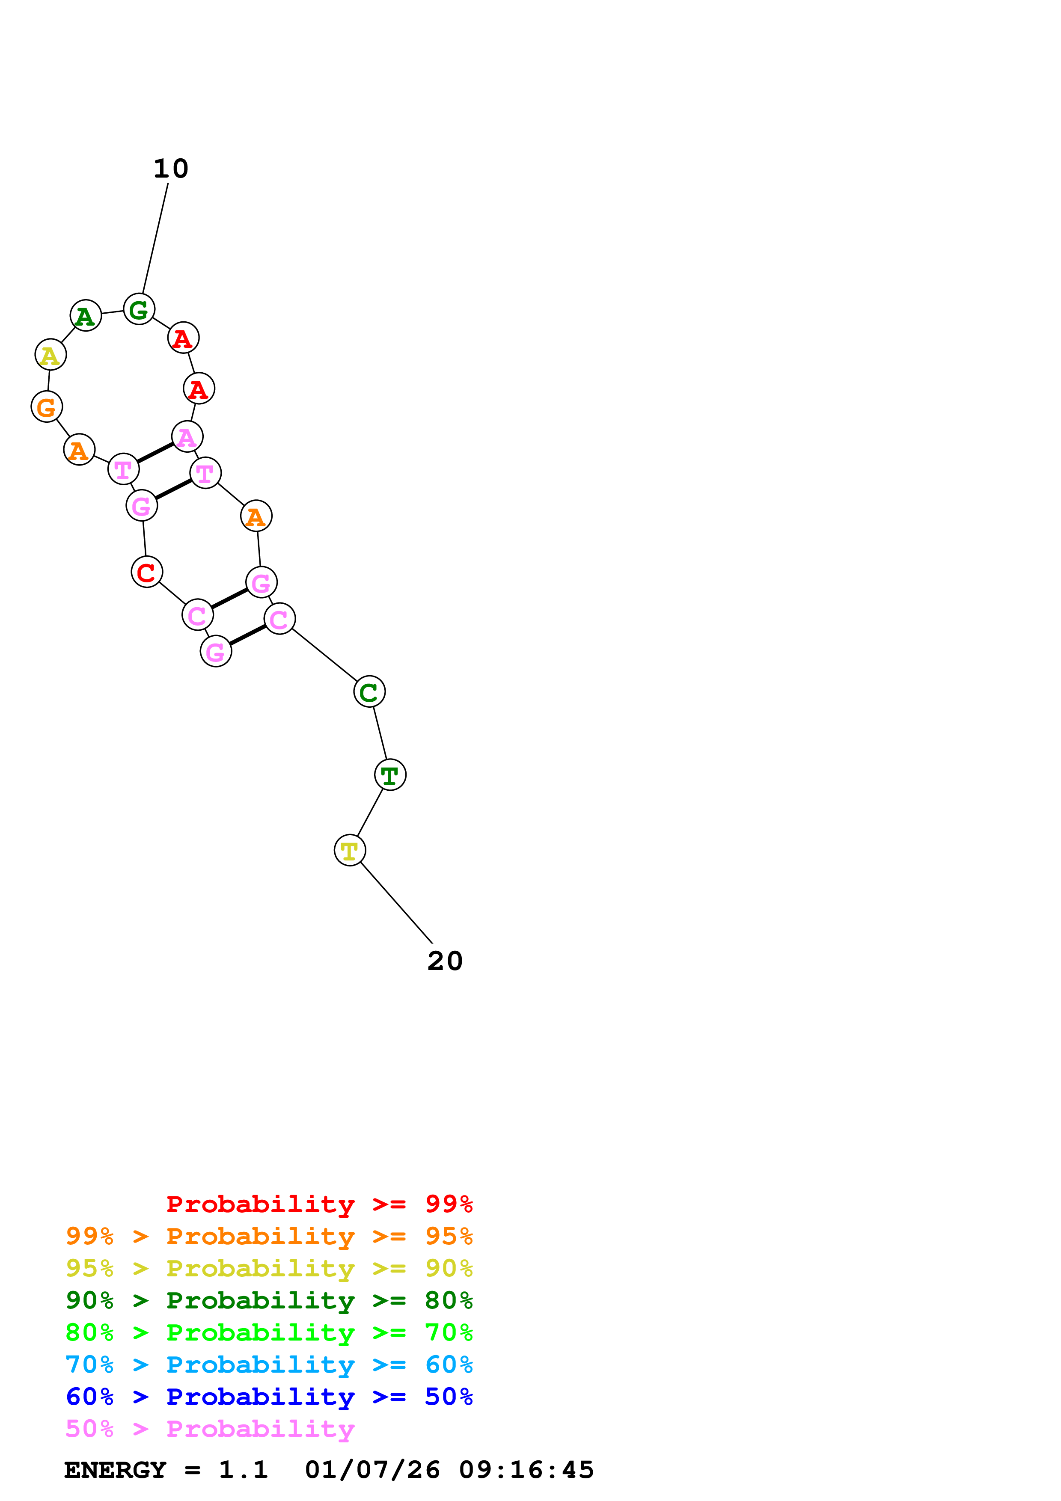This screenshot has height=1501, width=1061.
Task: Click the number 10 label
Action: [171, 169]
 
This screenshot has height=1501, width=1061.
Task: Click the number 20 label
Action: [445, 961]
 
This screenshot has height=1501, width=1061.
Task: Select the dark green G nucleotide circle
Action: [139, 309]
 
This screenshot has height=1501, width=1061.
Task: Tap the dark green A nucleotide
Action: [86, 316]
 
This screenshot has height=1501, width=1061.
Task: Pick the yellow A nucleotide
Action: [51, 355]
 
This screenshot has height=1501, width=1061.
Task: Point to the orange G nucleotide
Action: [46, 406]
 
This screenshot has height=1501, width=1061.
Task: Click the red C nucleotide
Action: [146, 572]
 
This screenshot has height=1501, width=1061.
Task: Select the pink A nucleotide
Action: [187, 437]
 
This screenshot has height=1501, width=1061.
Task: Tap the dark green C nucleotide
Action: [369, 691]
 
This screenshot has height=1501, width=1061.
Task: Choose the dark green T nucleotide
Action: [390, 775]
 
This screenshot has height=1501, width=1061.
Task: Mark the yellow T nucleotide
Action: [350, 851]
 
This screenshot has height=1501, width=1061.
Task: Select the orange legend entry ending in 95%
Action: [269, 1236]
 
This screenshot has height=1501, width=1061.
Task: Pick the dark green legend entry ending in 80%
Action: [269, 1300]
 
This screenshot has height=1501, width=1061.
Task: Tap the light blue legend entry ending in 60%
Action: [269, 1365]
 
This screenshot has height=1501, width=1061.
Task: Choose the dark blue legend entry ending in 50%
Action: [269, 1397]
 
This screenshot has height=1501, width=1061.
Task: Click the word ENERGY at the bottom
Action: [115, 1470]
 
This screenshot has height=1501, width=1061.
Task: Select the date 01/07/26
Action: [372, 1470]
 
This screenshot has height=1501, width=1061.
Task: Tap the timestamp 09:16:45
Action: [526, 1470]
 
